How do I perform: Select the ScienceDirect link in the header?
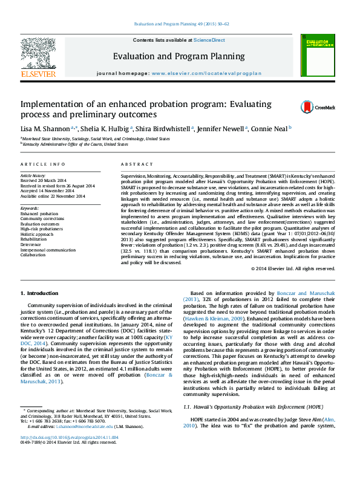(209, 40)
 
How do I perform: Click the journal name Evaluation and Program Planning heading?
(178, 56)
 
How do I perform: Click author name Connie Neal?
(272, 128)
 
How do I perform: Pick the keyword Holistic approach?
(37, 234)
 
